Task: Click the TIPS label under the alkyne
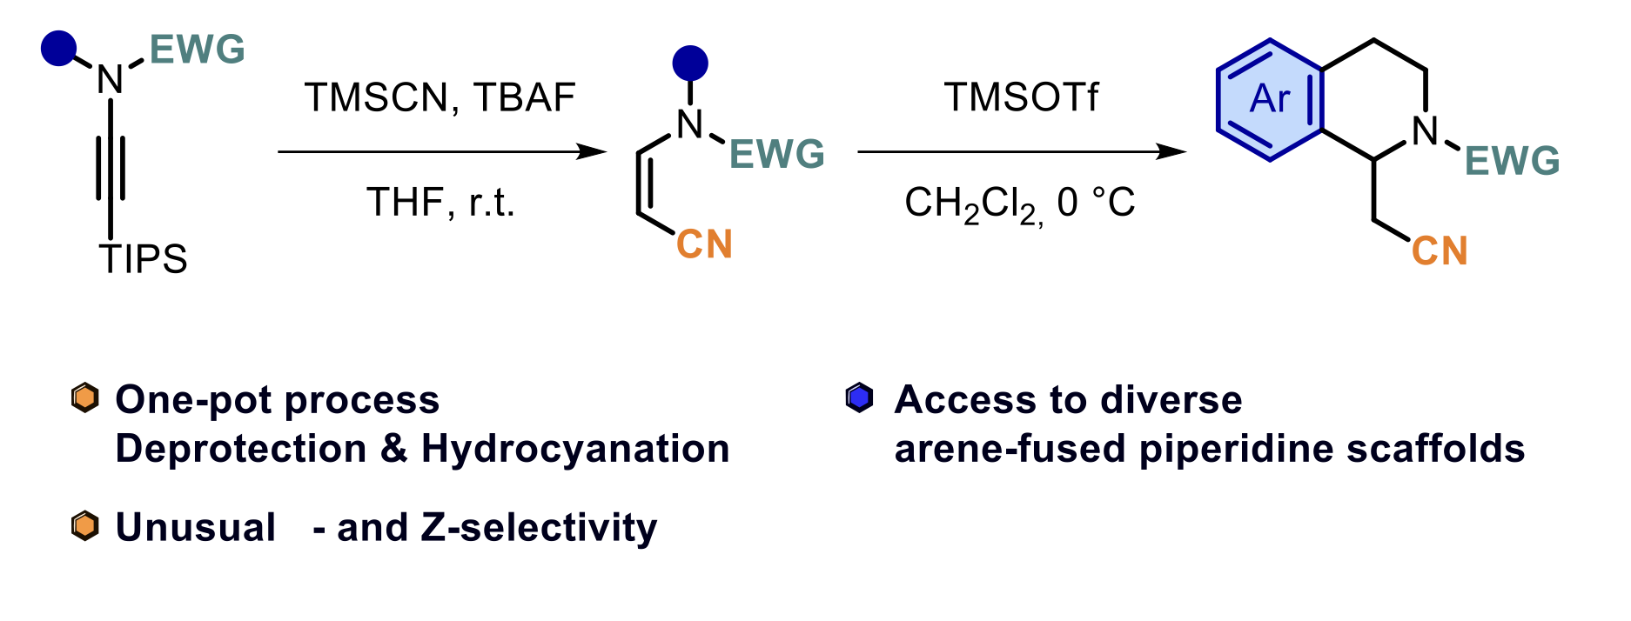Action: (143, 259)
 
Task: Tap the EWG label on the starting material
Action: (198, 50)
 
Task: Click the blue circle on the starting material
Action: (58, 49)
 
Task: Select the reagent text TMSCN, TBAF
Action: (440, 97)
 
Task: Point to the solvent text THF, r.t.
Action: (440, 203)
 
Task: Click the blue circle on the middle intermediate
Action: (690, 63)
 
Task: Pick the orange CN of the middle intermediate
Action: (704, 244)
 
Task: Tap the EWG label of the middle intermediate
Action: (776, 155)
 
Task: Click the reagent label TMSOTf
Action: (1021, 97)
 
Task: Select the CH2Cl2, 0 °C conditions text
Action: (1019, 204)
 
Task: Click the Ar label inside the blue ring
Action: (1269, 99)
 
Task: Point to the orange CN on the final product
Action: (1440, 251)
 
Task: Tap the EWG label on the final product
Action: (1512, 161)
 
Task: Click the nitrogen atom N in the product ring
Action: (1425, 132)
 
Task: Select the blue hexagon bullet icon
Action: (859, 398)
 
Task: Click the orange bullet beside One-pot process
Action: (84, 398)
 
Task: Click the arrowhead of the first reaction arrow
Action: (594, 152)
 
